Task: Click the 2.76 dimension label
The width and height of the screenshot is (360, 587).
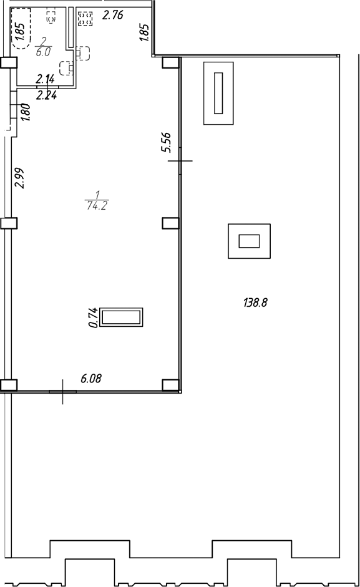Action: coord(113,16)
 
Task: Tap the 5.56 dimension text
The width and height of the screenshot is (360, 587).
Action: coord(165,142)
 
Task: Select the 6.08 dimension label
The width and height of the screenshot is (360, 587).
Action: coord(91,379)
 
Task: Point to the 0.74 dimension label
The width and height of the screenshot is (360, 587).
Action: coord(94,318)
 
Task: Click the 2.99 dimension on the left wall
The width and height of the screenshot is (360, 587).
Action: coord(19,178)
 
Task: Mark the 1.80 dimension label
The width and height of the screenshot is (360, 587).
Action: coord(26,112)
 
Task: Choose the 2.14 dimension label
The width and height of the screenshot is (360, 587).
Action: coord(46,79)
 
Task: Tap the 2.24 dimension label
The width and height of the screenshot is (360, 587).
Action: coord(46,96)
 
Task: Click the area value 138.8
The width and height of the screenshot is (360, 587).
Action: coord(255,303)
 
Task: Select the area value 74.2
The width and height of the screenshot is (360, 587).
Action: coord(97,205)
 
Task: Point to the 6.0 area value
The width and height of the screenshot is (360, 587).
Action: coord(43,52)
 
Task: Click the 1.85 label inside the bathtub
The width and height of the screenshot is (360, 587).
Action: coord(20,32)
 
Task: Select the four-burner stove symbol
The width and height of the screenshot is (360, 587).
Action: coord(85,18)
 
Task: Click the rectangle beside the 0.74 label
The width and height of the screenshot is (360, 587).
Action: coord(122,317)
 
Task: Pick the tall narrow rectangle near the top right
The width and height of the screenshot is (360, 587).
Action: coord(218,93)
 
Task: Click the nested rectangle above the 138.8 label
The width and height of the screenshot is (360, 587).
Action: coord(249,241)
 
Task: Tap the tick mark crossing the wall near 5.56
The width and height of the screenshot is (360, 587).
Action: coord(180,161)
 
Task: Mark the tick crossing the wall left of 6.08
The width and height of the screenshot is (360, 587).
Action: coord(62,392)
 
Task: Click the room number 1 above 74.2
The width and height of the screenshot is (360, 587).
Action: coord(97,195)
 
